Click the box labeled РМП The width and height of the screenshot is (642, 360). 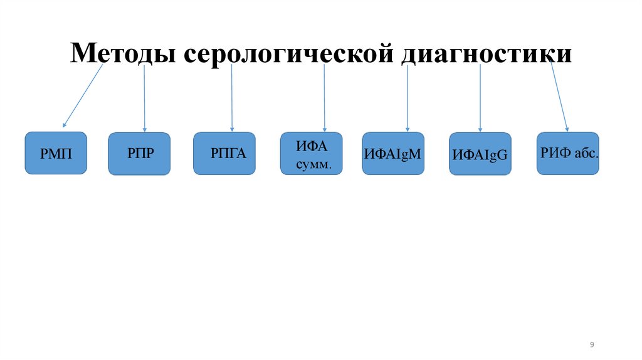(x=56, y=153)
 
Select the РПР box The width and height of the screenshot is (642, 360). (x=139, y=153)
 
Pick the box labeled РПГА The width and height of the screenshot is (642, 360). (x=224, y=153)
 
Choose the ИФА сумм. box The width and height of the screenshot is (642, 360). (x=311, y=153)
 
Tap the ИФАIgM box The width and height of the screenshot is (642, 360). (x=393, y=153)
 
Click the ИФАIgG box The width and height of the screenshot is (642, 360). (x=480, y=154)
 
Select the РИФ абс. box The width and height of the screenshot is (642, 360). (x=568, y=153)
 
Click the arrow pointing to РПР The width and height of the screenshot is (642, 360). (x=145, y=97)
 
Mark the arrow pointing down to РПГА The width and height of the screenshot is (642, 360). (x=232, y=97)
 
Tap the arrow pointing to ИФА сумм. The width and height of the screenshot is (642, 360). (x=324, y=97)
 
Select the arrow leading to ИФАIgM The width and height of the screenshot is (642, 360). (x=408, y=97)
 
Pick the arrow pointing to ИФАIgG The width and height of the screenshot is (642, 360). (x=480, y=97)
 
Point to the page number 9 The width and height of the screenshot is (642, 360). (x=592, y=344)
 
